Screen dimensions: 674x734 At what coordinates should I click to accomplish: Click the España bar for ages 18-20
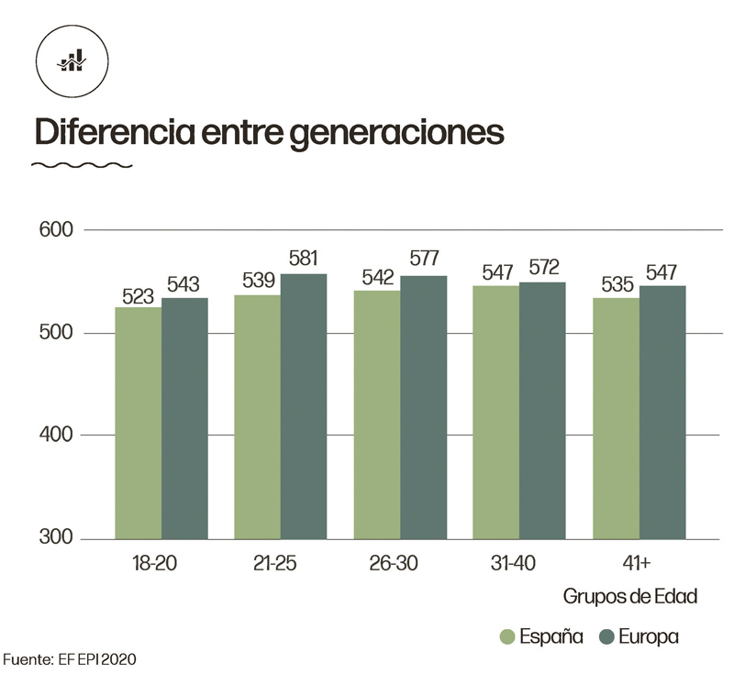(x=138, y=423)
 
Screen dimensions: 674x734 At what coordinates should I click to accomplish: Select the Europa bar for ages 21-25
(x=304, y=406)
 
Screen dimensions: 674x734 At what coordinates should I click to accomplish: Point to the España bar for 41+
(x=616, y=418)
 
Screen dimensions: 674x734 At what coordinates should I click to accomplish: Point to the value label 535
(x=617, y=285)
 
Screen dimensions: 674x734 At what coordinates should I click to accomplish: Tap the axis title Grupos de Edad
(x=629, y=597)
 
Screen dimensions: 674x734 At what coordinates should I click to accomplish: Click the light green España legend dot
(x=506, y=636)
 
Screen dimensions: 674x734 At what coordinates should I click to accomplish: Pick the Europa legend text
(x=648, y=636)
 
